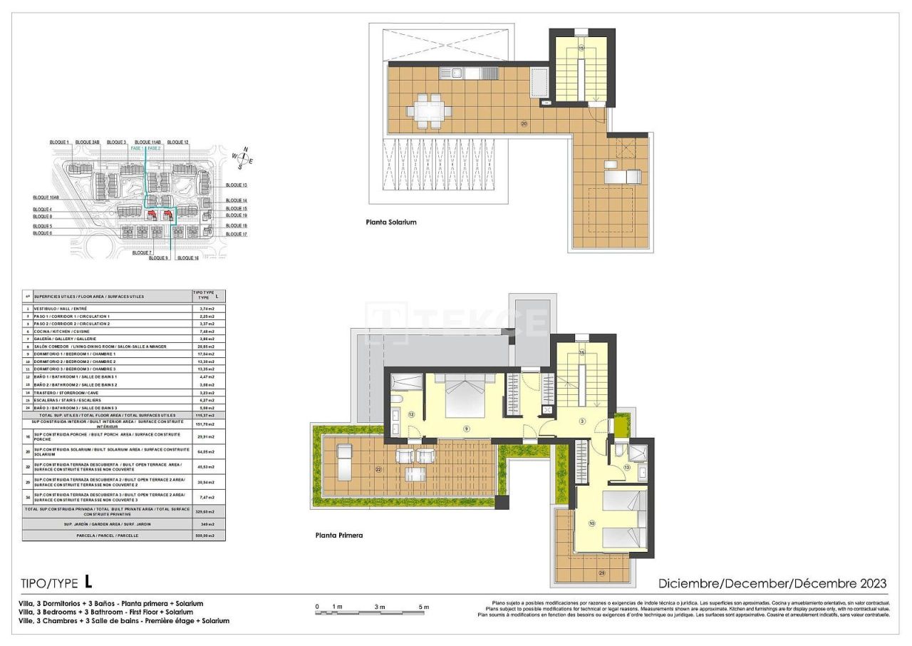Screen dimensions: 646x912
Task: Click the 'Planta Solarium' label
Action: [x=391, y=222]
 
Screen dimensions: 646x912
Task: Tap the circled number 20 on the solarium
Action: [x=524, y=123]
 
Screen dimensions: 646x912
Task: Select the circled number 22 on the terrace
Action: [x=378, y=468]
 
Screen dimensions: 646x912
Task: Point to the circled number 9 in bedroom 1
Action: [x=466, y=429]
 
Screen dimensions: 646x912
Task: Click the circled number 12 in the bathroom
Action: [x=411, y=414]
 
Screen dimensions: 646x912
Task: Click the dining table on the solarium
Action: [x=430, y=111]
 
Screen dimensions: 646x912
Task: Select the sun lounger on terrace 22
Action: [x=343, y=456]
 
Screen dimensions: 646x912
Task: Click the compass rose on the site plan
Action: [x=243, y=160]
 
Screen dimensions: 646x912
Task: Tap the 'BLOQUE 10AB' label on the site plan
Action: [x=46, y=198]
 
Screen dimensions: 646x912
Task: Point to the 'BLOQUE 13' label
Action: [x=236, y=185]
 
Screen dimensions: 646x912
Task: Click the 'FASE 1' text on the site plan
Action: [x=138, y=148]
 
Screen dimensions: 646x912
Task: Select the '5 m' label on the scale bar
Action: [x=424, y=607]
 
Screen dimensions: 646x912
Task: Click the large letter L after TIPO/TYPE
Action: [x=88, y=581]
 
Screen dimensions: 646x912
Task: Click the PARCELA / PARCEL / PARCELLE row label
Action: [x=107, y=535]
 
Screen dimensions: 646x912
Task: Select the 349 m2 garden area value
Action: [x=208, y=524]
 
